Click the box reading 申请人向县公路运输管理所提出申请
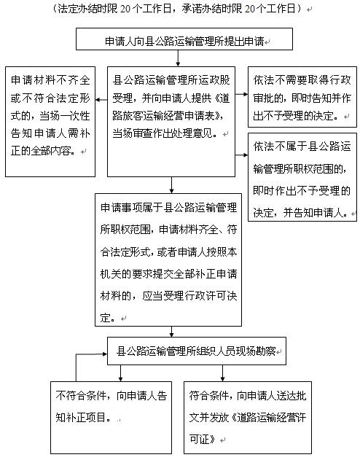click(184, 39)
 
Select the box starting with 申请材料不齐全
click(50, 122)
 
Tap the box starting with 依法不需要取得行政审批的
click(302, 97)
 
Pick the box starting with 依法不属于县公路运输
click(302, 177)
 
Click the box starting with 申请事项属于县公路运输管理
click(168, 260)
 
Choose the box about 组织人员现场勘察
click(197, 351)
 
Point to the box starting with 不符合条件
click(111, 418)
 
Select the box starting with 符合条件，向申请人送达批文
click(248, 418)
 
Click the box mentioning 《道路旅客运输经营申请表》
click(171, 122)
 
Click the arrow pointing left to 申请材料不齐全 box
click(101, 100)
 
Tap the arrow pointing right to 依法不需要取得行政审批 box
click(241, 95)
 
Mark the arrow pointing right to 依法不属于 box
click(241, 155)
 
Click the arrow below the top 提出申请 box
click(178, 58)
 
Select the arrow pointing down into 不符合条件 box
click(120, 373)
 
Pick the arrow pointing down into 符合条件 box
click(222, 373)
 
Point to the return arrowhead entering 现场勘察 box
click(105, 354)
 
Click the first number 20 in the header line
click(125, 9)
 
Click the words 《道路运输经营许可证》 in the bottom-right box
click(248, 429)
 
